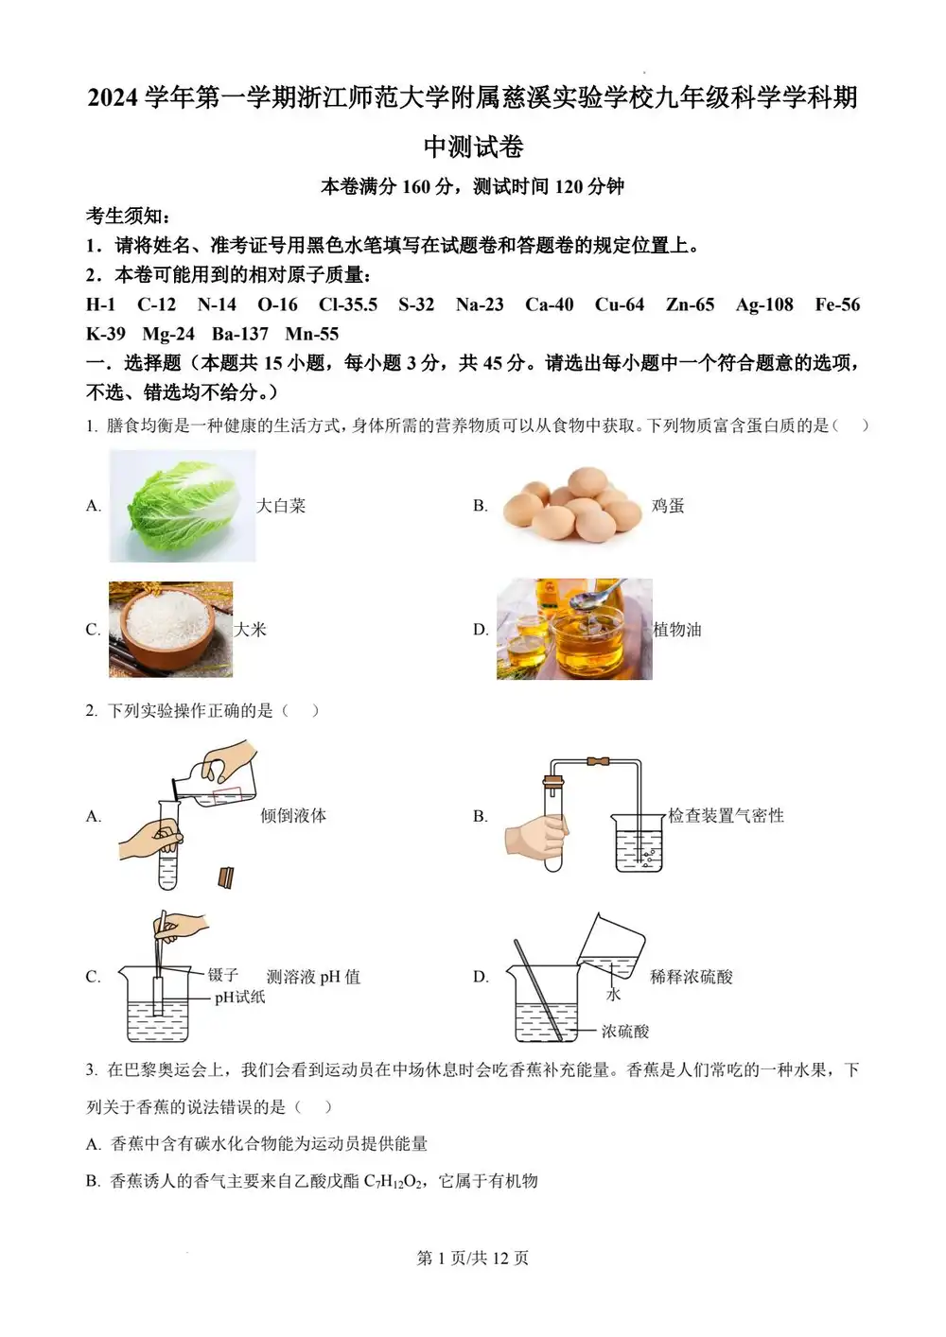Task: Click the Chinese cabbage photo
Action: click(182, 505)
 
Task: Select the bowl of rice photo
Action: click(170, 629)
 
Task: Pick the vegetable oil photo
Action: click(574, 629)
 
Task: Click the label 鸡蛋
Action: click(668, 506)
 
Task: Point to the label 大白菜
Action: click(281, 506)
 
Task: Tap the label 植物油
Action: click(677, 630)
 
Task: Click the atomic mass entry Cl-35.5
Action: click(348, 304)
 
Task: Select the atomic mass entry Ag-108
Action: click(764, 304)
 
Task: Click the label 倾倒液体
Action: click(293, 815)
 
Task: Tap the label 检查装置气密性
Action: click(727, 815)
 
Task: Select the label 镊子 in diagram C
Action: click(223, 975)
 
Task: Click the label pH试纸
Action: click(239, 997)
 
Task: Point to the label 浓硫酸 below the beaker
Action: click(625, 1032)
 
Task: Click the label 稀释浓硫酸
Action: click(692, 977)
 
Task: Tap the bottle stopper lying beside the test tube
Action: click(226, 878)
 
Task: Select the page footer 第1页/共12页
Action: click(473, 1258)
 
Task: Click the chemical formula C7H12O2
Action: click(393, 1181)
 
